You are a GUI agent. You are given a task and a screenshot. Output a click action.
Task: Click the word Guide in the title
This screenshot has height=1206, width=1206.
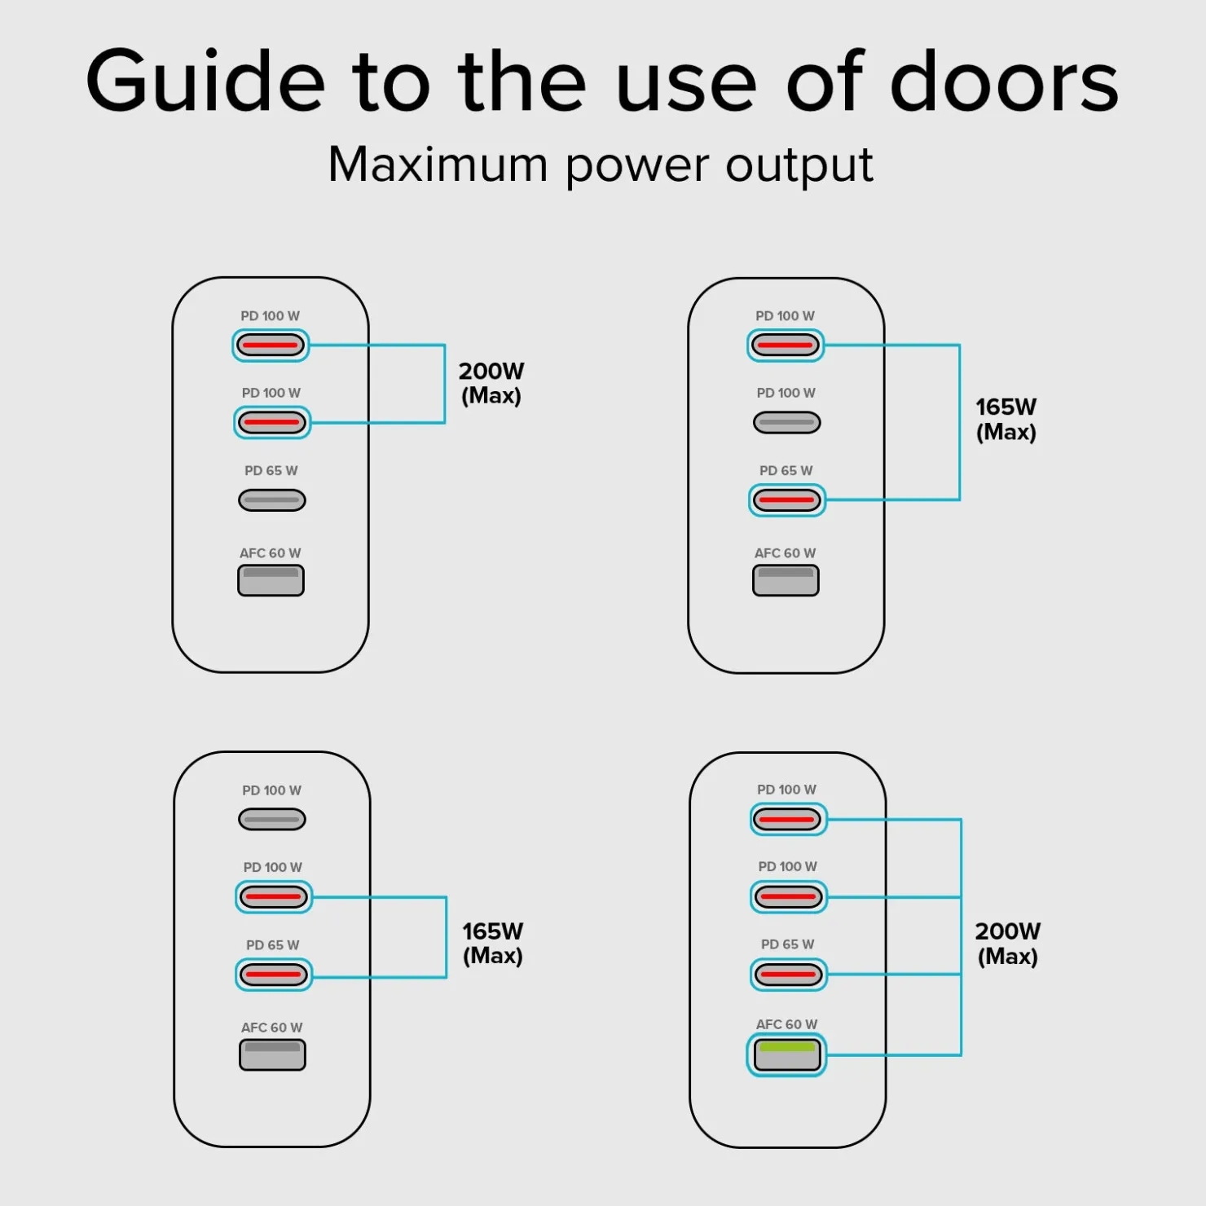(205, 81)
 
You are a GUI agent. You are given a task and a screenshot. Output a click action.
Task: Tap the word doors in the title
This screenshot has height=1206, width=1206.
(1005, 81)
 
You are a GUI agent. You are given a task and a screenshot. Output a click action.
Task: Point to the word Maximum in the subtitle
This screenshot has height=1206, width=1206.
(438, 165)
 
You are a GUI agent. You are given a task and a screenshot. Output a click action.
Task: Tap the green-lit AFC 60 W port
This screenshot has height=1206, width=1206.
(787, 1055)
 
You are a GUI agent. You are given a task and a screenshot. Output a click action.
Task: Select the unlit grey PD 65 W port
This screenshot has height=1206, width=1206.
(272, 500)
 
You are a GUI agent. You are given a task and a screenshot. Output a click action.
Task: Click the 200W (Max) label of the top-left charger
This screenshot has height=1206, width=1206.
(491, 383)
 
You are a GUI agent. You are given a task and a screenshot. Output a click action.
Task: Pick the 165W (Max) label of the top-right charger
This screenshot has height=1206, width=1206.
(1006, 419)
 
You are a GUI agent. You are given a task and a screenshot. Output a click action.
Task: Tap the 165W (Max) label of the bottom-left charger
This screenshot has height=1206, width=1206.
(493, 943)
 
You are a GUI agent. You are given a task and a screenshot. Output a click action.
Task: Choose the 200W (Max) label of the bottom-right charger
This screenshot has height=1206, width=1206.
(1008, 944)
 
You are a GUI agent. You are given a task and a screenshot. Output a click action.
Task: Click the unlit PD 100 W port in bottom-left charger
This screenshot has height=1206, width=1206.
(272, 819)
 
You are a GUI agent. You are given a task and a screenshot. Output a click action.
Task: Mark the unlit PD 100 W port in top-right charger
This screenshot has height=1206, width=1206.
(787, 422)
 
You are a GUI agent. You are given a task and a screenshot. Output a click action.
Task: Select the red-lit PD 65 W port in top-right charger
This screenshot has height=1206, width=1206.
(787, 500)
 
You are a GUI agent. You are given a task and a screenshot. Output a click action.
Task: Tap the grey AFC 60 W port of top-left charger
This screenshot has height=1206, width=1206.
(271, 580)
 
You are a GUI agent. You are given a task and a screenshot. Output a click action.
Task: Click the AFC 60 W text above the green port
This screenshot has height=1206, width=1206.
(786, 1024)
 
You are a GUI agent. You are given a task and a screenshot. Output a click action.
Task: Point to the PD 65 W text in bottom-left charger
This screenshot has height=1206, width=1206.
(273, 945)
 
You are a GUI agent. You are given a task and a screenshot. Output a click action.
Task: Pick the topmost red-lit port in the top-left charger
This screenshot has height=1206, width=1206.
(271, 345)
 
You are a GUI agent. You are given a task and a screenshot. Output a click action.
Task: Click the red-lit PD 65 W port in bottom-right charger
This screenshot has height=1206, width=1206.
(789, 974)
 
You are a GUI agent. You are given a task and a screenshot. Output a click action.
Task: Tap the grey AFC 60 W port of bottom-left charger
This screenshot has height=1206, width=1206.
(272, 1054)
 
